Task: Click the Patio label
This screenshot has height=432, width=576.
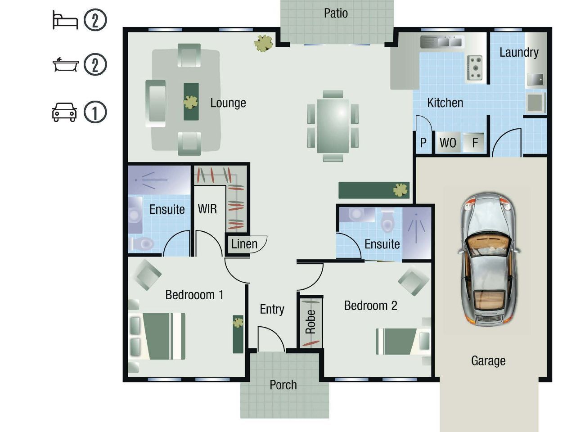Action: click(336, 13)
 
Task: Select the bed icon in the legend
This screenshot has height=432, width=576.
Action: click(65, 20)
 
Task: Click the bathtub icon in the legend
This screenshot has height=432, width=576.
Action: click(66, 64)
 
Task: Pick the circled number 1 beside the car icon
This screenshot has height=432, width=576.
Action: click(95, 112)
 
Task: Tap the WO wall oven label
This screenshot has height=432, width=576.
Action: click(448, 143)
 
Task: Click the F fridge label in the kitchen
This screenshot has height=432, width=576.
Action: click(475, 143)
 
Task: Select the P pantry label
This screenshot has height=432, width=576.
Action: click(423, 143)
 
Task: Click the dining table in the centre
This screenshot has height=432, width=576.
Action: click(333, 126)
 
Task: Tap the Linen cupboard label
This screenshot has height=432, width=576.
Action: click(244, 244)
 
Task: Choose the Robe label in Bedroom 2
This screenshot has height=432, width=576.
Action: click(310, 322)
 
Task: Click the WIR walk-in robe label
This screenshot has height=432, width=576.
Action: click(207, 209)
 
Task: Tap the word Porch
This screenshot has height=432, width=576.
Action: click(283, 385)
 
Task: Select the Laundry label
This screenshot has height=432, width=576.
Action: click(519, 53)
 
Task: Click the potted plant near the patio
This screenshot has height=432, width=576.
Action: click(263, 43)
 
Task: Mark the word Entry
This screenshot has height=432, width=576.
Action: click(272, 309)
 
